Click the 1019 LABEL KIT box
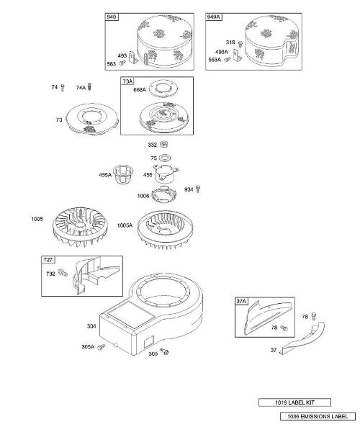click(x=294, y=402)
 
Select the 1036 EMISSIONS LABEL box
click(x=318, y=416)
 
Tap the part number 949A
click(x=213, y=17)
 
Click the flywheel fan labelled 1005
click(x=80, y=227)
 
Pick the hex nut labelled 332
click(x=164, y=144)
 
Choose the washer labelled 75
click(x=164, y=158)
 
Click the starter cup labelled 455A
click(x=123, y=174)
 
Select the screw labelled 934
click(x=198, y=189)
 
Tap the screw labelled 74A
click(x=89, y=87)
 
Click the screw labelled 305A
click(x=102, y=346)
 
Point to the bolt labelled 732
click(x=63, y=272)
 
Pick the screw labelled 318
click(x=240, y=44)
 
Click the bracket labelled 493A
click(x=237, y=55)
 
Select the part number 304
click(x=91, y=326)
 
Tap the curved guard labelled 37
click(x=303, y=338)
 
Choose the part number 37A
click(x=241, y=301)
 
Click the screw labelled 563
click(x=122, y=63)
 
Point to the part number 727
click(x=48, y=259)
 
